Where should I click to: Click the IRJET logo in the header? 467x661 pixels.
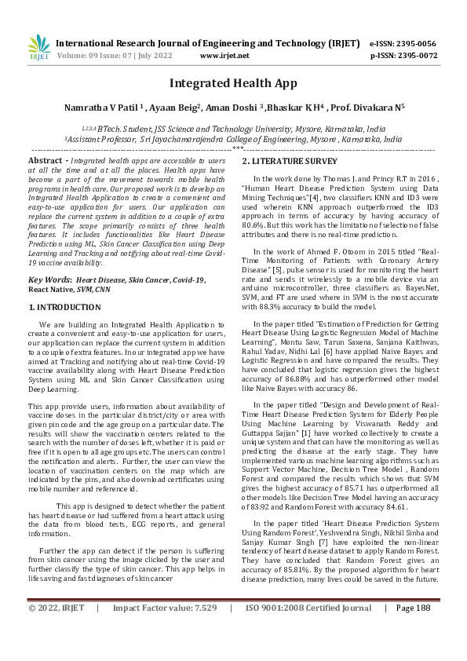tap(38, 47)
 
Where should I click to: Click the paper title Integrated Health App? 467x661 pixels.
tap(233, 83)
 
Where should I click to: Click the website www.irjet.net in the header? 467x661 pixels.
tap(224, 56)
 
